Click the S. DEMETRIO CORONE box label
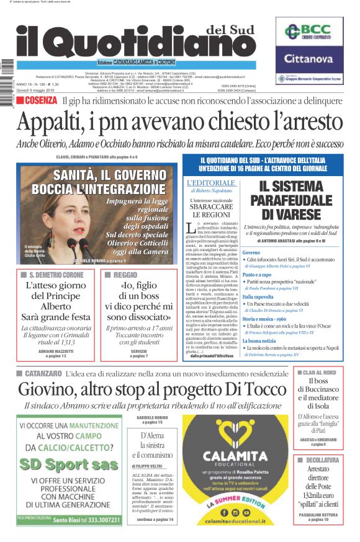(60, 273)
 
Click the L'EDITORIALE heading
(210, 184)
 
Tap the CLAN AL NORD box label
(323, 372)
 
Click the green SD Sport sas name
(69, 464)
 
